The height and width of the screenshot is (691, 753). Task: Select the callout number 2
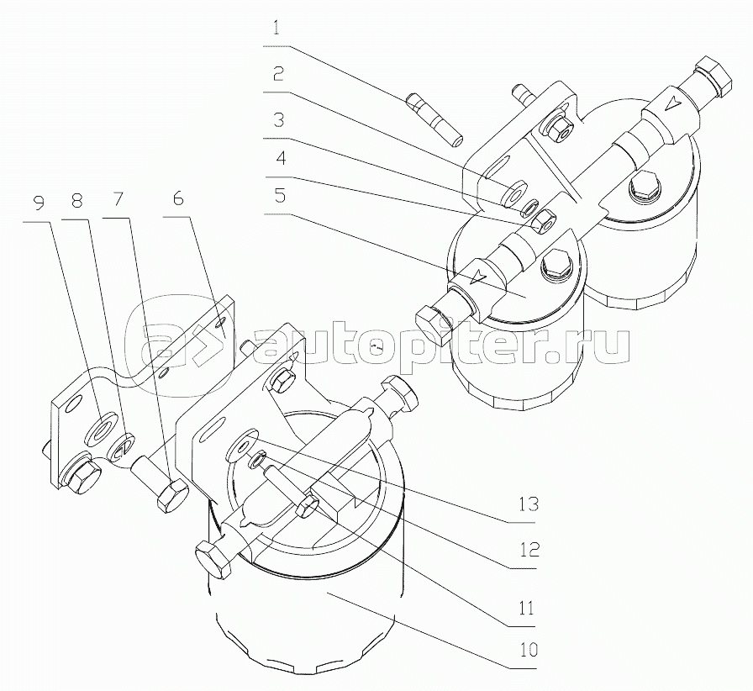(278, 74)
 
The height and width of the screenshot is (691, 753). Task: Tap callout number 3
(279, 119)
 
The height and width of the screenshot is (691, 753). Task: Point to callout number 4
(282, 158)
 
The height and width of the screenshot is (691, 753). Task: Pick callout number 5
(280, 196)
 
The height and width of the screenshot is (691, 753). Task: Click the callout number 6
(178, 198)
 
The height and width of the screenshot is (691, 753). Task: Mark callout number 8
(76, 201)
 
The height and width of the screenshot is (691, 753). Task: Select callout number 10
(525, 650)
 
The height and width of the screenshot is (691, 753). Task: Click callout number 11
(525, 608)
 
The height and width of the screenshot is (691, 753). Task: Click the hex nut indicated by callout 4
(544, 221)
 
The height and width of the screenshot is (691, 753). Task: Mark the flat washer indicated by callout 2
(513, 193)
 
